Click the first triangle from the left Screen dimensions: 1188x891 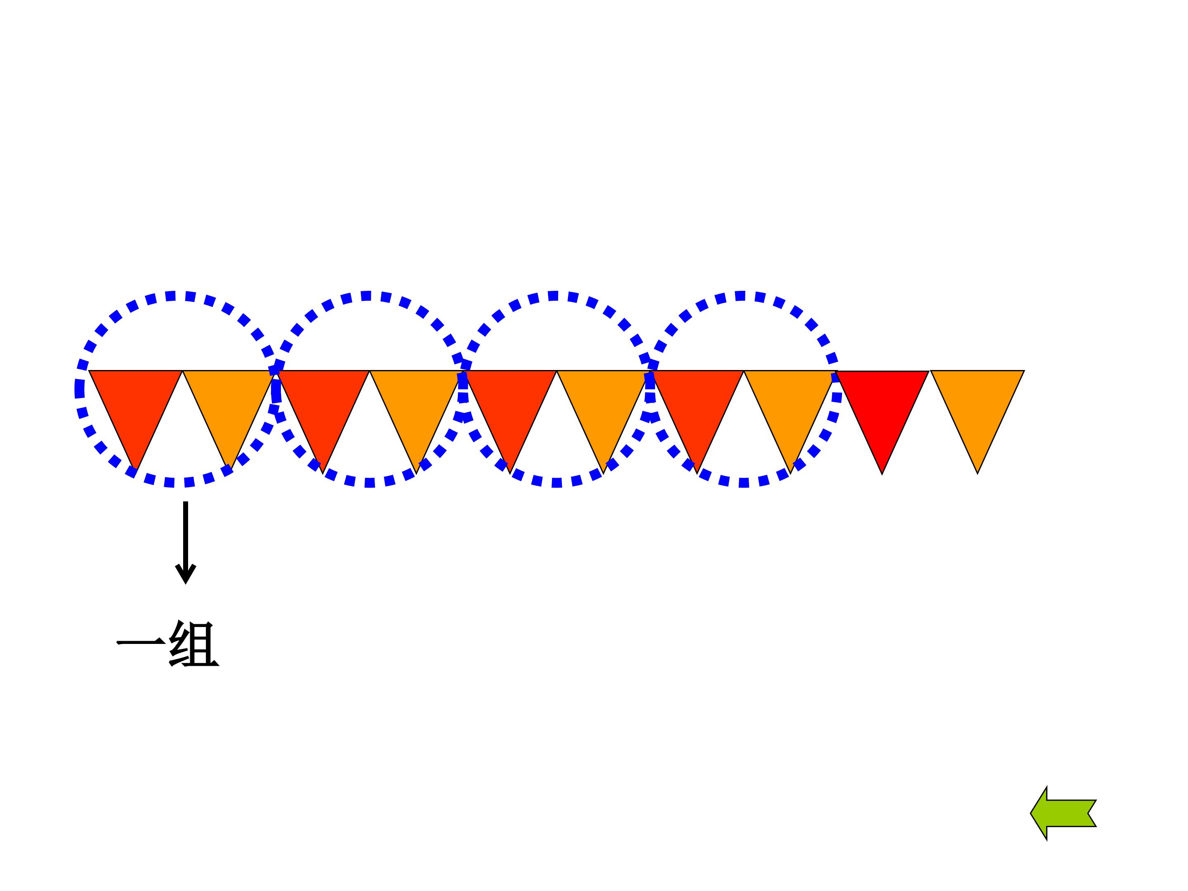[x=135, y=403]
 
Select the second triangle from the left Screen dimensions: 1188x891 [x=229, y=403]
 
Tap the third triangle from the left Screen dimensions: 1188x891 [x=323, y=403]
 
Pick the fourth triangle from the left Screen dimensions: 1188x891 [x=417, y=403]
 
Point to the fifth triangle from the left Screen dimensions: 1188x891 [x=510, y=403]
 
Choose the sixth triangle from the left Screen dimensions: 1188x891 [x=603, y=403]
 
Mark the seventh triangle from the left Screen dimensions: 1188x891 [x=697, y=403]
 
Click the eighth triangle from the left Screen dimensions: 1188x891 [x=791, y=403]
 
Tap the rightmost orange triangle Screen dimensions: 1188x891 [x=978, y=403]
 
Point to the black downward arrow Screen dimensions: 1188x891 [x=186, y=542]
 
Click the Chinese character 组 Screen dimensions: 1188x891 [x=194, y=644]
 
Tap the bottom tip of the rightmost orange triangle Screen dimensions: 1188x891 [x=978, y=473]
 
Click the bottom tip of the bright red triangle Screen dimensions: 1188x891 [x=882, y=474]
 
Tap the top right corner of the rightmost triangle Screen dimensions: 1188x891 [x=1024, y=370]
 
